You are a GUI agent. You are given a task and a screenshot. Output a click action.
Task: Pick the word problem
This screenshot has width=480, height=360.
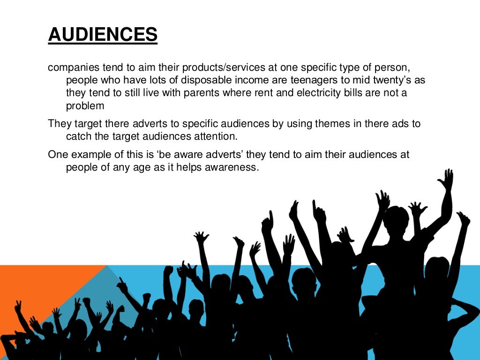pyautogui.click(x=85, y=106)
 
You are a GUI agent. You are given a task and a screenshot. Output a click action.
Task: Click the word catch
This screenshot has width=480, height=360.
pyautogui.click(x=79, y=136)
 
